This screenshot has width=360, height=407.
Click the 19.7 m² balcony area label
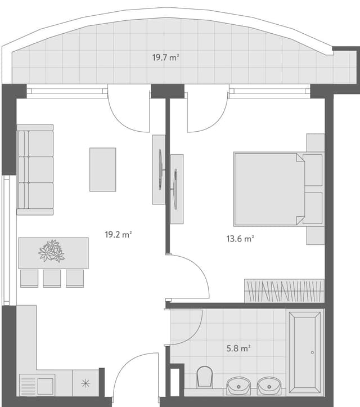coord(165,57)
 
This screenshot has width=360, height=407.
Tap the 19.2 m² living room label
coord(118,235)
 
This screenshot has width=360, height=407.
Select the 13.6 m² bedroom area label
coord(240,238)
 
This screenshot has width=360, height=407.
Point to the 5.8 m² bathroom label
coord(238,348)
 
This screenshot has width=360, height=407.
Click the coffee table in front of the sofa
coord(102,169)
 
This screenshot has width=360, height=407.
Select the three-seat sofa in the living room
coord(35,169)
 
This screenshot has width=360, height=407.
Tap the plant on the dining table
coord(51,251)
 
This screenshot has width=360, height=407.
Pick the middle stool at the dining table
coord(52,278)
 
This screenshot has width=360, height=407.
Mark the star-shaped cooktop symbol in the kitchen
coord(85,383)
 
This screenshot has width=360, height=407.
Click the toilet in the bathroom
coord(205,377)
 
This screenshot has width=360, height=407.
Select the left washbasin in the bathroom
coord(238,386)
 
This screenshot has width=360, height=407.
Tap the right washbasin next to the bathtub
coord(269,386)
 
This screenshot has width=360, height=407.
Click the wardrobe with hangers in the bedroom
coord(284,290)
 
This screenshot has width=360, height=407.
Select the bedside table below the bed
coord(315,235)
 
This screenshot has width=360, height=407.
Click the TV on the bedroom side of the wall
coord(177,189)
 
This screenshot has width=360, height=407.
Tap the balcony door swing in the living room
coord(128,110)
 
